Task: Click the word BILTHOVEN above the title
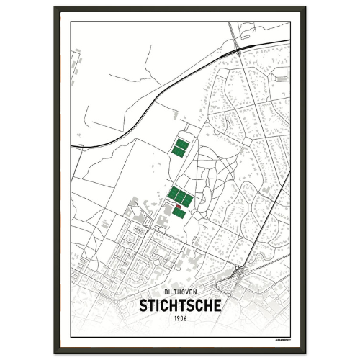point(179,292)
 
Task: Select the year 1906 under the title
point(179,318)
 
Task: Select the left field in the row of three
point(173,193)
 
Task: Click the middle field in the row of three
point(180,196)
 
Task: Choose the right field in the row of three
point(187,199)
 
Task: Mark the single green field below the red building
point(179,213)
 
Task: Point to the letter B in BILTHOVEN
point(166,292)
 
